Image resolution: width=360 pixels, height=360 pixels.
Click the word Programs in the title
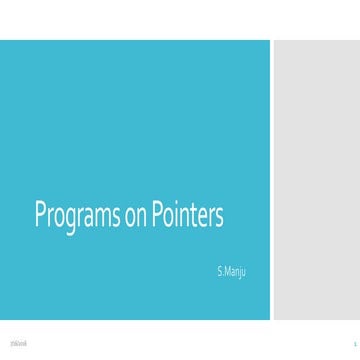[x=77, y=216]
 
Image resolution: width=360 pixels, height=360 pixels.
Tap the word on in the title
[x=135, y=217]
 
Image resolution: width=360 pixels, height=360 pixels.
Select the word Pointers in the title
[x=187, y=216]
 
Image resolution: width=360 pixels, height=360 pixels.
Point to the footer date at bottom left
[x=18, y=343]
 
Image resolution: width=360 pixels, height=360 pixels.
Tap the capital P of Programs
[x=41, y=215]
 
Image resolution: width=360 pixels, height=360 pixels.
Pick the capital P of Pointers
[x=157, y=215]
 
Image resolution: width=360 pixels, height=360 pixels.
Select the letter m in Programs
[x=104, y=218]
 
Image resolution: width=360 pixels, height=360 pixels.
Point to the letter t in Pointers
[x=194, y=216]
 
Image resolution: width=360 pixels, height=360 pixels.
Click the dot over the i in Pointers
[x=178, y=206]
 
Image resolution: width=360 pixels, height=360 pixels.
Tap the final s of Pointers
[x=219, y=218]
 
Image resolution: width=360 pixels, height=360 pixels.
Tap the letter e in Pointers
[x=203, y=218]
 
